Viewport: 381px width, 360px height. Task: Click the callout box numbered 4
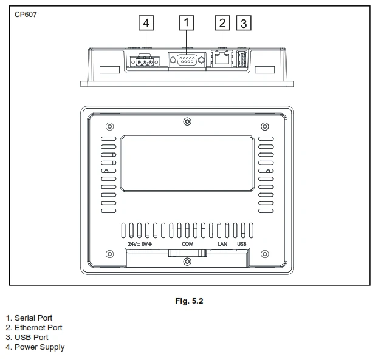point(146,23)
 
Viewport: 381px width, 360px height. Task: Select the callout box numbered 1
point(187,23)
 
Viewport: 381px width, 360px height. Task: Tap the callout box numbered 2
point(222,23)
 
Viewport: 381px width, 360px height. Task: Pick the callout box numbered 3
point(244,23)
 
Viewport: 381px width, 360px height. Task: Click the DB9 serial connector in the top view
point(187,59)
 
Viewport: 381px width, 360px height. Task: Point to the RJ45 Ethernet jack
point(222,58)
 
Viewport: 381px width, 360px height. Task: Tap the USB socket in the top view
point(242,59)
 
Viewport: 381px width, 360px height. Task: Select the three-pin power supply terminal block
point(145,62)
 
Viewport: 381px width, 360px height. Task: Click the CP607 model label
point(26,15)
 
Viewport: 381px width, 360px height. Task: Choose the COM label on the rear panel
point(188,244)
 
